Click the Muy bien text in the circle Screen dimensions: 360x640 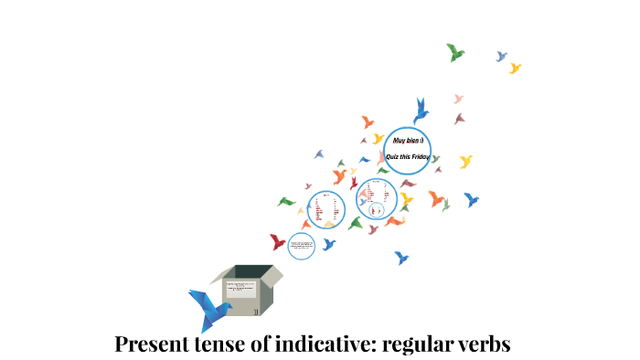coord(404,142)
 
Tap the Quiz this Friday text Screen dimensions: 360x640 coord(408,157)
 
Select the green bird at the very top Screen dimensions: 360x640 coord(455,52)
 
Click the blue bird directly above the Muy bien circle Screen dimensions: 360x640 coord(421,111)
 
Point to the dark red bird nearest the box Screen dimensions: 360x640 coord(278,241)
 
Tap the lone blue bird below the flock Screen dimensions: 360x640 coord(400,258)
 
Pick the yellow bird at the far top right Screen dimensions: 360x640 coord(515,68)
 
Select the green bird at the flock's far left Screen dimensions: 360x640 coord(286,201)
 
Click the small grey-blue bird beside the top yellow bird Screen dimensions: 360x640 coord(501,57)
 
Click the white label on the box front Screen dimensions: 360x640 coord(240,289)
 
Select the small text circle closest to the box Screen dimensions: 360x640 coord(301,245)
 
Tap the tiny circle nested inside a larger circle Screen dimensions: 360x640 coord(376,209)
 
